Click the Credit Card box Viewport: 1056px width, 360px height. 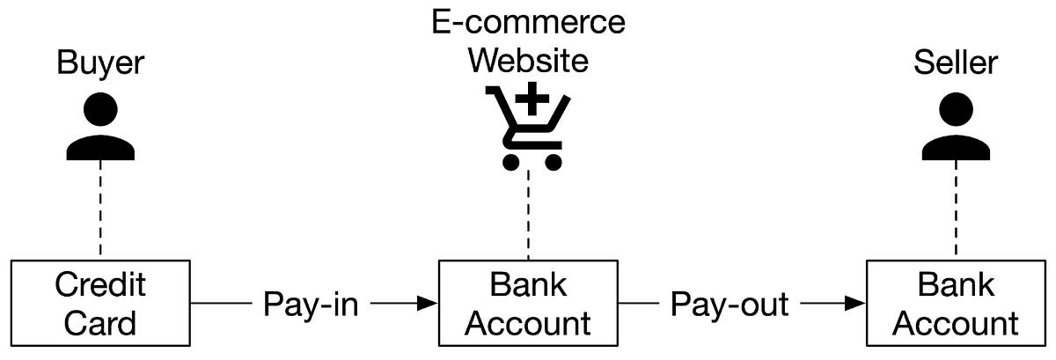tap(101, 304)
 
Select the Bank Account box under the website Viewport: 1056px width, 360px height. tap(528, 304)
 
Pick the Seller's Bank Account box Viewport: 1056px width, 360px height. tap(956, 304)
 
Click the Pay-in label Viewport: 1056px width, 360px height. tap(311, 305)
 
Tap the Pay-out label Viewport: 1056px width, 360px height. tap(730, 305)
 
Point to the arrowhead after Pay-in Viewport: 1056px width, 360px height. tap(428, 304)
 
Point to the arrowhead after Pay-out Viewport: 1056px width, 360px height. tap(854, 304)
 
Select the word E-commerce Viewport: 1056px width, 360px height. tap(528, 21)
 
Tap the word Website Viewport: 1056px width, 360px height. tap(528, 61)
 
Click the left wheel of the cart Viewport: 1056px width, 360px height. tap(510, 161)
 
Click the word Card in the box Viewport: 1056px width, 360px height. tap(101, 323)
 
